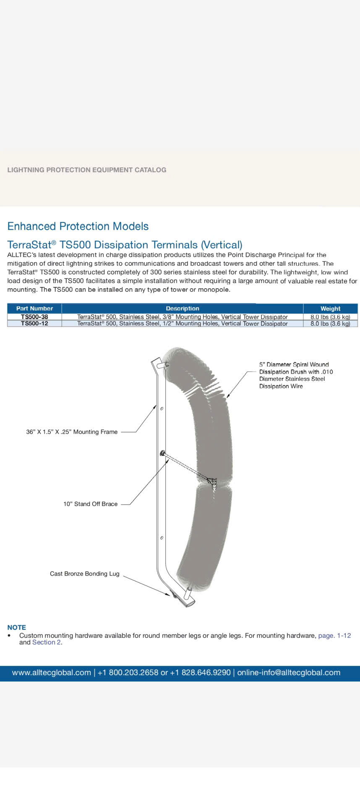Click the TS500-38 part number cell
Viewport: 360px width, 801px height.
pos(34,317)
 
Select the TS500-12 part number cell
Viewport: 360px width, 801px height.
pos(34,324)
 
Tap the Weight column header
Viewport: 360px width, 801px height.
pos(330,309)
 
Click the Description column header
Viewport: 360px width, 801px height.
pos(183,309)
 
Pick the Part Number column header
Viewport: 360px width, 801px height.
pos(34,309)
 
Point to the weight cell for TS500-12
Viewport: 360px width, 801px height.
pos(330,324)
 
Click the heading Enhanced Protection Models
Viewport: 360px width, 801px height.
pos(78,226)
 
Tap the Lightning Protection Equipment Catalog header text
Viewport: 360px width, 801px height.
pos(87,170)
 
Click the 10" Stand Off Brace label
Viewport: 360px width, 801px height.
pos(91,504)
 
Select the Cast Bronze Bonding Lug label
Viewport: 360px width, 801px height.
pos(85,573)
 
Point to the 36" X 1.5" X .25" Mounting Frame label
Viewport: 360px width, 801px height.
pos(72,432)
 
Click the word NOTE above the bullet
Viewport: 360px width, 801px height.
pos(17,627)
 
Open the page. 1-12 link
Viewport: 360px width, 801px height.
pos(334,636)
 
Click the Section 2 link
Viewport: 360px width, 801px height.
pos(47,642)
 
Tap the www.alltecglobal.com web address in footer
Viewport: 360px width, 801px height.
pos(52,673)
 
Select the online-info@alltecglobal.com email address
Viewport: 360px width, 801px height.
pos(289,673)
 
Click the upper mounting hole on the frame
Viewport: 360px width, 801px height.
pos(162,408)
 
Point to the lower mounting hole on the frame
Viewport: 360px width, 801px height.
pos(162,538)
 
